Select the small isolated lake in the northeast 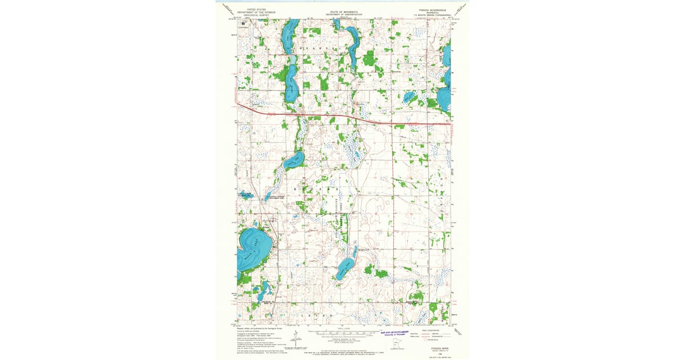(409, 97)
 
